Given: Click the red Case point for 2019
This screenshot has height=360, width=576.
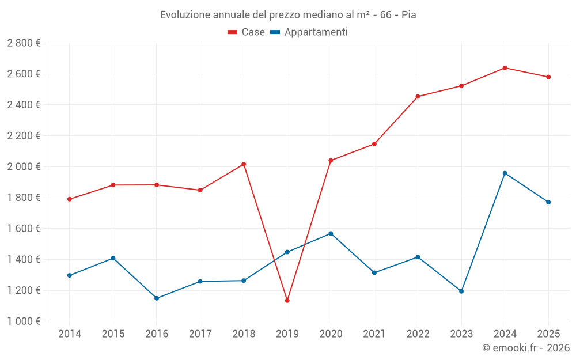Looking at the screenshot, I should click(287, 301).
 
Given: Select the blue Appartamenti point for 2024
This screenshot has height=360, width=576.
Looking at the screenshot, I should click(505, 173).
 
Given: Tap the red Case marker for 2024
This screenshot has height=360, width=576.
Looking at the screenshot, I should click(505, 68).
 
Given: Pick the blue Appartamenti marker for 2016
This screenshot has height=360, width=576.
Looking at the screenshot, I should click(157, 298).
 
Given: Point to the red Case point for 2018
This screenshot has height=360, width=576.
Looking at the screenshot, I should click(244, 164).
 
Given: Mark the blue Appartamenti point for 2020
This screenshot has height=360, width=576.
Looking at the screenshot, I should click(331, 233).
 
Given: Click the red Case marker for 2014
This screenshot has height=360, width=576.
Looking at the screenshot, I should click(70, 199).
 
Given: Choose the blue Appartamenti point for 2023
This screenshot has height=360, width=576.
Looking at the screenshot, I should click(461, 291).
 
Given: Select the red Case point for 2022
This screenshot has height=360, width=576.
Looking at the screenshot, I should click(418, 96).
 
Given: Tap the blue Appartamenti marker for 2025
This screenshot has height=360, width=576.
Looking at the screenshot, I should click(548, 202).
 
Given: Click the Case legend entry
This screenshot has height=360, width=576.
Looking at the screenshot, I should click(247, 32).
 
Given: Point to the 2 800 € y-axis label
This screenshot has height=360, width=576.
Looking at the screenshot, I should click(24, 43).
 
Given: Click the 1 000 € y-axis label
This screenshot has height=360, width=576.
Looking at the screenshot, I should click(24, 321).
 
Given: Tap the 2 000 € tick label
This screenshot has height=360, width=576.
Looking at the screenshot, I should click(24, 166).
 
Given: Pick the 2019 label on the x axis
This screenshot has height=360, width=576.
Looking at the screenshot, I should click(287, 334).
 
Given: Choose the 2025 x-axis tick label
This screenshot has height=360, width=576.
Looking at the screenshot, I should click(548, 334).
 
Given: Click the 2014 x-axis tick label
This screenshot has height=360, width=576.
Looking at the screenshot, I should click(70, 334).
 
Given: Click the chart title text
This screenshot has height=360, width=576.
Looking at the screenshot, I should click(288, 15).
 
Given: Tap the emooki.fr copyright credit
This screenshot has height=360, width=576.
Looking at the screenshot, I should click(526, 348).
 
